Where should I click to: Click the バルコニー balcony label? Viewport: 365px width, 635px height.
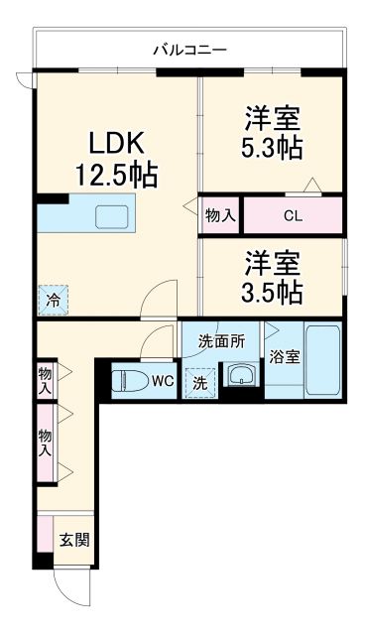(190, 48)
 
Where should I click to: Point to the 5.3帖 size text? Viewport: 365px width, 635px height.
(273, 149)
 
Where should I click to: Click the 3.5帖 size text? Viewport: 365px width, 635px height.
(273, 294)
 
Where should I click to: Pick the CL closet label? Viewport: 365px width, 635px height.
(294, 214)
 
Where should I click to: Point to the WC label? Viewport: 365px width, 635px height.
(163, 379)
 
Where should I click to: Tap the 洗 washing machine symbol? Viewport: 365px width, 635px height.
(199, 381)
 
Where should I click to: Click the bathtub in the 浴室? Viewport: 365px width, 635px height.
(322, 360)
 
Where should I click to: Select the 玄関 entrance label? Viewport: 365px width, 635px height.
(72, 540)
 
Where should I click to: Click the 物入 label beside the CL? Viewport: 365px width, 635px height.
(220, 214)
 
